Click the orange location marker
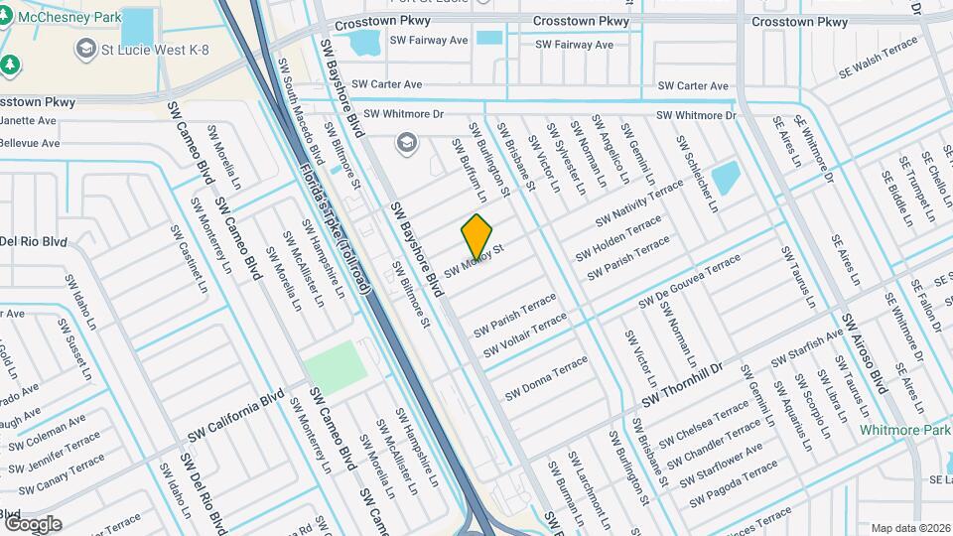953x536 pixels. (x=477, y=236)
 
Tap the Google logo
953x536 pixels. (x=33, y=523)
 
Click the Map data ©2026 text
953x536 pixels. (x=909, y=528)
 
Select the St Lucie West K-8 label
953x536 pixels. (x=144, y=48)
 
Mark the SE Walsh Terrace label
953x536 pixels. (x=879, y=67)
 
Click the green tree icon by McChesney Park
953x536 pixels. (x=11, y=65)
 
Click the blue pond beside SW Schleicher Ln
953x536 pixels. (x=727, y=178)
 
